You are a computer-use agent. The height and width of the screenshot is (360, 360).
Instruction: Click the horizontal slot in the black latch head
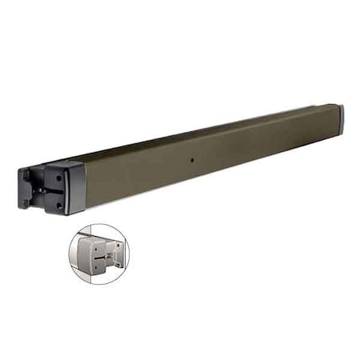coord(50,190)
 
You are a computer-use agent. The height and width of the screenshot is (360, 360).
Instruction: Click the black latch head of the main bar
coord(52,188)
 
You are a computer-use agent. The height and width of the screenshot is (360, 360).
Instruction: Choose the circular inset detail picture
coord(98,253)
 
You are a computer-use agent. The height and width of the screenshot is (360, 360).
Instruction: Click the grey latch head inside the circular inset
coord(94,254)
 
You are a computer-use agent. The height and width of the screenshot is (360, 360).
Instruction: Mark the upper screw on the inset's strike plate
coord(118,245)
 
